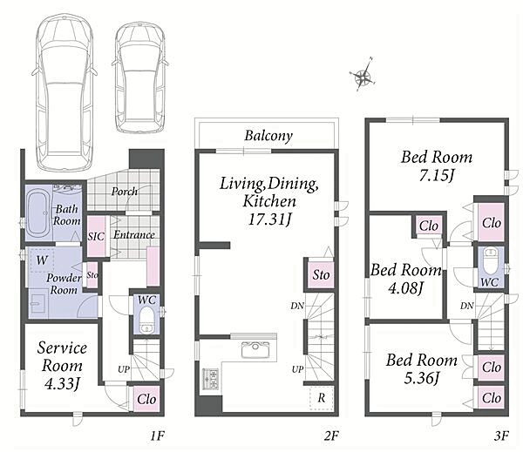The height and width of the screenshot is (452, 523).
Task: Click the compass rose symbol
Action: (x=363, y=76)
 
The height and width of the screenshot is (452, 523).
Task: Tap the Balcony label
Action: (x=268, y=136)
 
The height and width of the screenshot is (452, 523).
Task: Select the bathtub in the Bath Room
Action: (x=38, y=213)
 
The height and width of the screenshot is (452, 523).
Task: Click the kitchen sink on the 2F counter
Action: (x=255, y=349)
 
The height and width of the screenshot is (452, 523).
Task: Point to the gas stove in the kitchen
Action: (x=210, y=379)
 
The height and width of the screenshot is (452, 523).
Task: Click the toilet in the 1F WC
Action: (x=146, y=320)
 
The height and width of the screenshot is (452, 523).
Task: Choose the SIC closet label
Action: (x=96, y=236)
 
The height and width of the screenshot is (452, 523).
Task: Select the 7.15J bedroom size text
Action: (x=437, y=176)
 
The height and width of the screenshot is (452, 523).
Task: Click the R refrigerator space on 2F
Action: (x=322, y=398)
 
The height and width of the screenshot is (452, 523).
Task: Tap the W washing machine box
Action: (x=42, y=260)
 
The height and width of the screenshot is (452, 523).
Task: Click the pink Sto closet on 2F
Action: (x=321, y=274)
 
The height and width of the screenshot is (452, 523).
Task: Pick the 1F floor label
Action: (x=157, y=435)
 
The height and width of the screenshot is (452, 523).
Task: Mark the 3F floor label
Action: (x=501, y=435)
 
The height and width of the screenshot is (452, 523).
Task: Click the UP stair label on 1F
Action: (x=124, y=369)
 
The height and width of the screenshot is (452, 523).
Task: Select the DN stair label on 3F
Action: (x=466, y=306)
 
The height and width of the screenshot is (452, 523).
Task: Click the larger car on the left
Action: (x=65, y=92)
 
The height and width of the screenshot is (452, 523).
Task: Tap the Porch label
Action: (x=125, y=192)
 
